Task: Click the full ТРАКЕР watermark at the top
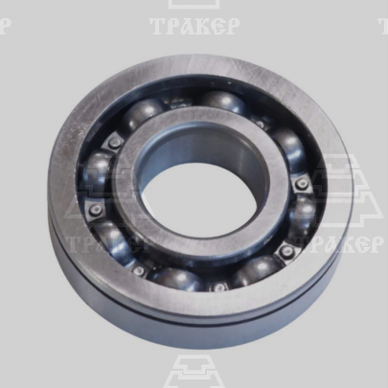point(194,27)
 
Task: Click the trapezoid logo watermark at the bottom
point(194,371)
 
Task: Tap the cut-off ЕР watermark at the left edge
point(7,27)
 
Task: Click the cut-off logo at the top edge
point(194,5)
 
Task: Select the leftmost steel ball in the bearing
point(97,171)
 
